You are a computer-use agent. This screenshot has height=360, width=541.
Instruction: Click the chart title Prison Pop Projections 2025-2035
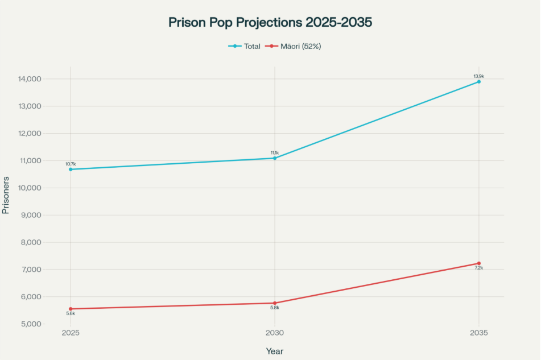(x=270, y=22)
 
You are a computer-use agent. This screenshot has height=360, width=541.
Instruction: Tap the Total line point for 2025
(x=71, y=169)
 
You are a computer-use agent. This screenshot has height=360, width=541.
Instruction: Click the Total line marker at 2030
(x=275, y=158)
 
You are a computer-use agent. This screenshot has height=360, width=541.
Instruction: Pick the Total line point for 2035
(x=479, y=82)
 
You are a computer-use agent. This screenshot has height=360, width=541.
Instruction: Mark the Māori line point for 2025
(x=71, y=309)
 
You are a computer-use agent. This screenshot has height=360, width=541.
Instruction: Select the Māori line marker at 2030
(x=275, y=303)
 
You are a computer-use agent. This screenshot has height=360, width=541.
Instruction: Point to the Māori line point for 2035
(x=479, y=263)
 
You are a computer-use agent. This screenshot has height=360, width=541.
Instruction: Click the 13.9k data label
(x=479, y=76)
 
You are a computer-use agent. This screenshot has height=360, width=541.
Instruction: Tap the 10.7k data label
(x=71, y=164)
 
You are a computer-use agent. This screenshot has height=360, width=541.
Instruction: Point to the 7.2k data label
(x=479, y=268)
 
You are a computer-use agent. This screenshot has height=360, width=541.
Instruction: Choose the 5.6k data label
(x=71, y=313)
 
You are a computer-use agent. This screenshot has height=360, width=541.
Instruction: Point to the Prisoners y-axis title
(x=6, y=195)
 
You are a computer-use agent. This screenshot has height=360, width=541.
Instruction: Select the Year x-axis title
(x=275, y=351)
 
